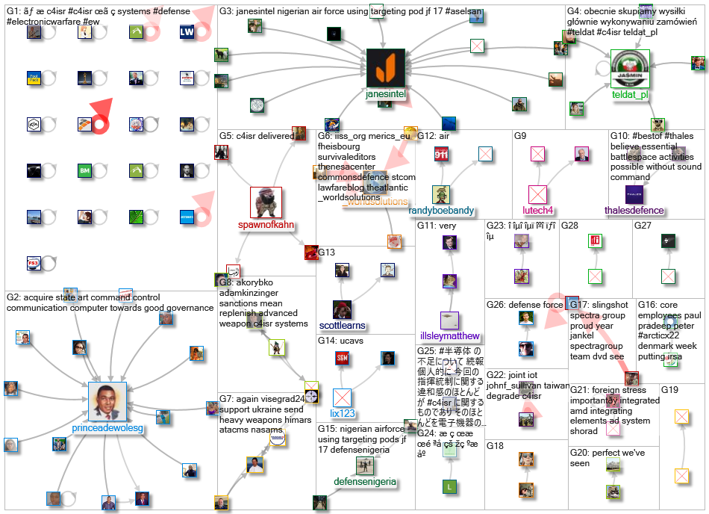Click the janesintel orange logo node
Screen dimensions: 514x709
click(x=385, y=68)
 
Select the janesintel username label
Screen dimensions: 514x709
click(x=386, y=95)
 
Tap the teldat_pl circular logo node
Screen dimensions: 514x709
click(x=631, y=69)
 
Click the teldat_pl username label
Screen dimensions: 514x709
click(x=631, y=95)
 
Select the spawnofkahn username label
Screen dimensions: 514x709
click(x=265, y=224)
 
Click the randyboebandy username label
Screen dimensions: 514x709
click(x=452, y=211)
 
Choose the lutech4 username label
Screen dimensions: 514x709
click(x=537, y=211)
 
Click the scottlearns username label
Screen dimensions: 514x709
click(x=343, y=326)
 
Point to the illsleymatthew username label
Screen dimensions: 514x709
click(x=449, y=336)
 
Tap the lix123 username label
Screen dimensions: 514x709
click(x=343, y=412)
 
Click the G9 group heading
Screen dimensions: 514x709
click(x=520, y=135)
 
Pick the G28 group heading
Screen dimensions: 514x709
click(x=570, y=225)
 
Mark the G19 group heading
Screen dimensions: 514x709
click(x=669, y=390)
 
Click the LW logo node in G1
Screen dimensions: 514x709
click(x=188, y=32)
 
